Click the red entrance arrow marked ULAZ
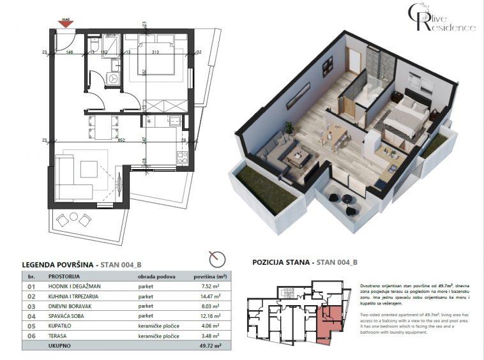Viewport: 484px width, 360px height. point(66,24)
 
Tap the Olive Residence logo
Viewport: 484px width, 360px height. point(442,19)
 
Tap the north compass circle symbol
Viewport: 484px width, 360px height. point(218,259)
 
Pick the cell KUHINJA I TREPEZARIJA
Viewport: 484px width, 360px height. point(77,297)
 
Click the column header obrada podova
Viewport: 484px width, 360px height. point(158,278)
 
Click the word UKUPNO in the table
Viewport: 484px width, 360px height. point(59,345)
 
